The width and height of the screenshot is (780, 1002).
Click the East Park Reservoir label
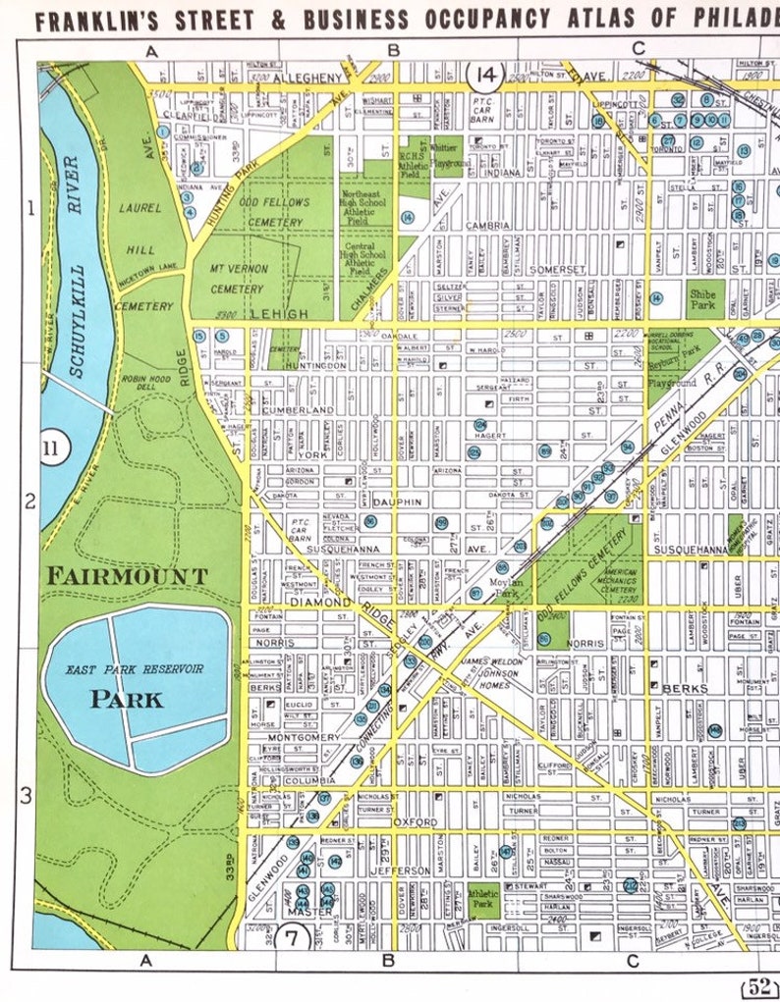[x=135, y=669]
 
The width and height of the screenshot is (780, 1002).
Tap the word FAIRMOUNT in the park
[x=127, y=576]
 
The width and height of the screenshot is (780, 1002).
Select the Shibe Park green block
[x=703, y=296]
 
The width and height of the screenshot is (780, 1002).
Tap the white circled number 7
[x=292, y=935]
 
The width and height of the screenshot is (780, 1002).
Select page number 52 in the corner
[x=757, y=986]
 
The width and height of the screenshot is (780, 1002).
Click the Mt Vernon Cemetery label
[x=237, y=281]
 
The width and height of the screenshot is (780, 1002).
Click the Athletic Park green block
[x=483, y=901]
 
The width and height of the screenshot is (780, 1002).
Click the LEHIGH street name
[x=279, y=313]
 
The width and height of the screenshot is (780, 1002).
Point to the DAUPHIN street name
[x=397, y=501]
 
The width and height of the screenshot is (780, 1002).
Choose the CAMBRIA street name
[x=487, y=225]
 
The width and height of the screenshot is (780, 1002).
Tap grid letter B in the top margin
[x=393, y=51]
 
